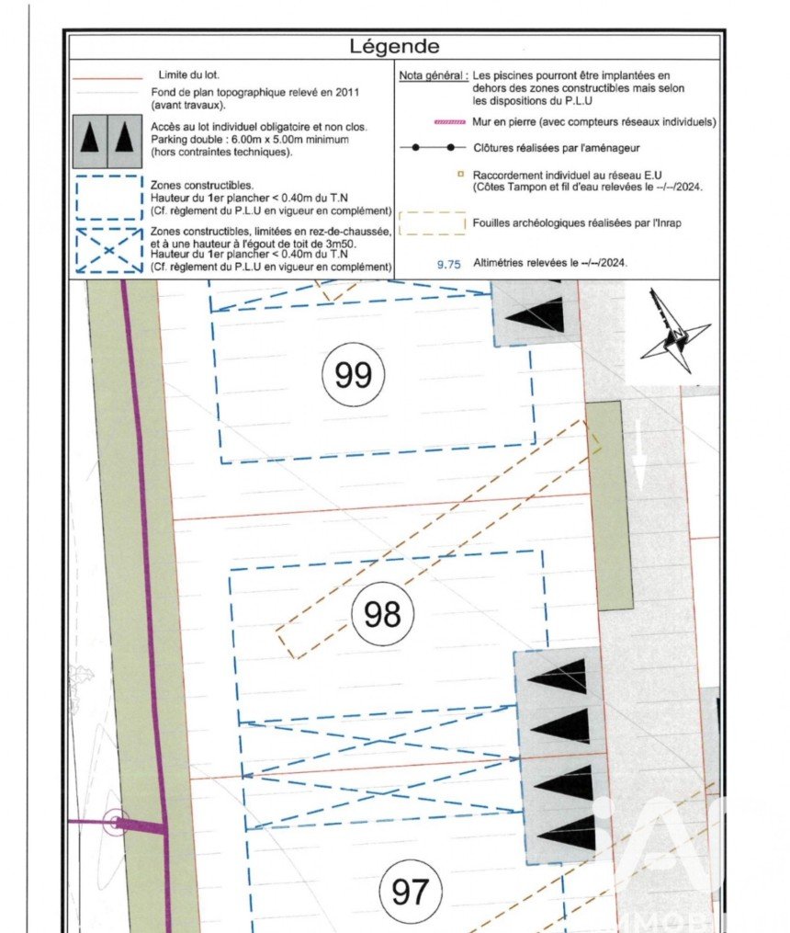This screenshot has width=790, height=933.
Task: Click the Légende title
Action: click(x=395, y=47)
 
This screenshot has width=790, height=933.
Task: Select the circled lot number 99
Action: click(x=354, y=375)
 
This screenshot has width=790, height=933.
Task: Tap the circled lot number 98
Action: click(x=382, y=613)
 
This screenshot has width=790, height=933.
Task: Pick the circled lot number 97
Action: click(x=411, y=891)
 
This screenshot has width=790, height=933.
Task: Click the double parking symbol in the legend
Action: click(x=107, y=138)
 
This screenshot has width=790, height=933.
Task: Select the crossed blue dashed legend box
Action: click(x=107, y=249)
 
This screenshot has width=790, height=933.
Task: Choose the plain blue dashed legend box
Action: click(x=107, y=197)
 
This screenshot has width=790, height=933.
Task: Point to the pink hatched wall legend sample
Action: click(x=431, y=121)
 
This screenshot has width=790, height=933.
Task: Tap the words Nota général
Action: click(x=432, y=75)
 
